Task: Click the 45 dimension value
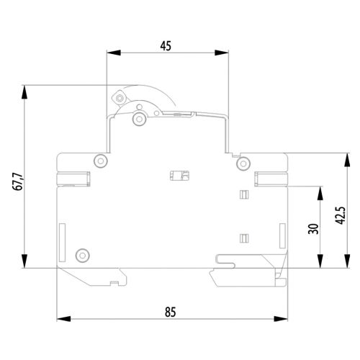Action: [166, 46]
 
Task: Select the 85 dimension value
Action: [171, 312]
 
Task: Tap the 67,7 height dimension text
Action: [18, 181]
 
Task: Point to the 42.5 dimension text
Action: [341, 215]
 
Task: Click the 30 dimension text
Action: [313, 229]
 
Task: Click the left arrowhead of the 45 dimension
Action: [114, 53]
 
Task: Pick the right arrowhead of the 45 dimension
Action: [222, 53]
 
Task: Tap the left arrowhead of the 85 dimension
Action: [63, 319]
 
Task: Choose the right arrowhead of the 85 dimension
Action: [281, 319]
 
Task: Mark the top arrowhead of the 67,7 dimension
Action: [24, 92]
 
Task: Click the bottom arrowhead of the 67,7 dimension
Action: [24, 261]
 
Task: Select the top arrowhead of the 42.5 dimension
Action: [347, 160]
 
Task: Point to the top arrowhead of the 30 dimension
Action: [320, 193]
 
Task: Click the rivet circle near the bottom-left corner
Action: [83, 255]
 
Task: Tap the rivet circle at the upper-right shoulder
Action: [243, 163]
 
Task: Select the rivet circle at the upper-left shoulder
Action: [101, 161]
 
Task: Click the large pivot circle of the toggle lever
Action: [140, 119]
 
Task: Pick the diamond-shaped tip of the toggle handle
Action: [119, 98]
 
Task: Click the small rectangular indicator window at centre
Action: [179, 176]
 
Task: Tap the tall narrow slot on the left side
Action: [62, 243]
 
